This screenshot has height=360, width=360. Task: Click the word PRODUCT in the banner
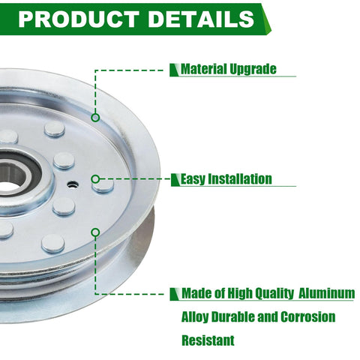[79, 19]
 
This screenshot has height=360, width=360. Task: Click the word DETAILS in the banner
[202, 19]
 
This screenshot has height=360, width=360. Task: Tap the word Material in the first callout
[204, 69]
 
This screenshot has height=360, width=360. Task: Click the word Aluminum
[327, 293]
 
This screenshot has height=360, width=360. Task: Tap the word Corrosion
[307, 317]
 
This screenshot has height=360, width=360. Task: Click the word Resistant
[208, 340]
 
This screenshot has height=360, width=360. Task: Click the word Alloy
[195, 317]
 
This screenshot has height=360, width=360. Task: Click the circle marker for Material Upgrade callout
[95, 118]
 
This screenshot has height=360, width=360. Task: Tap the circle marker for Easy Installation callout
[95, 179]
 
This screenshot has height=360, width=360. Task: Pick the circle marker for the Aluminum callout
[95, 232]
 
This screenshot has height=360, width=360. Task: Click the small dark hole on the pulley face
[73, 184]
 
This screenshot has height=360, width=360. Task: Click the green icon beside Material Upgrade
[175, 70]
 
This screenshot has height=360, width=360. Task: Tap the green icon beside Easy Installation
[175, 180]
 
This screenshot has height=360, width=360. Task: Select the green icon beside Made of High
[175, 294]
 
